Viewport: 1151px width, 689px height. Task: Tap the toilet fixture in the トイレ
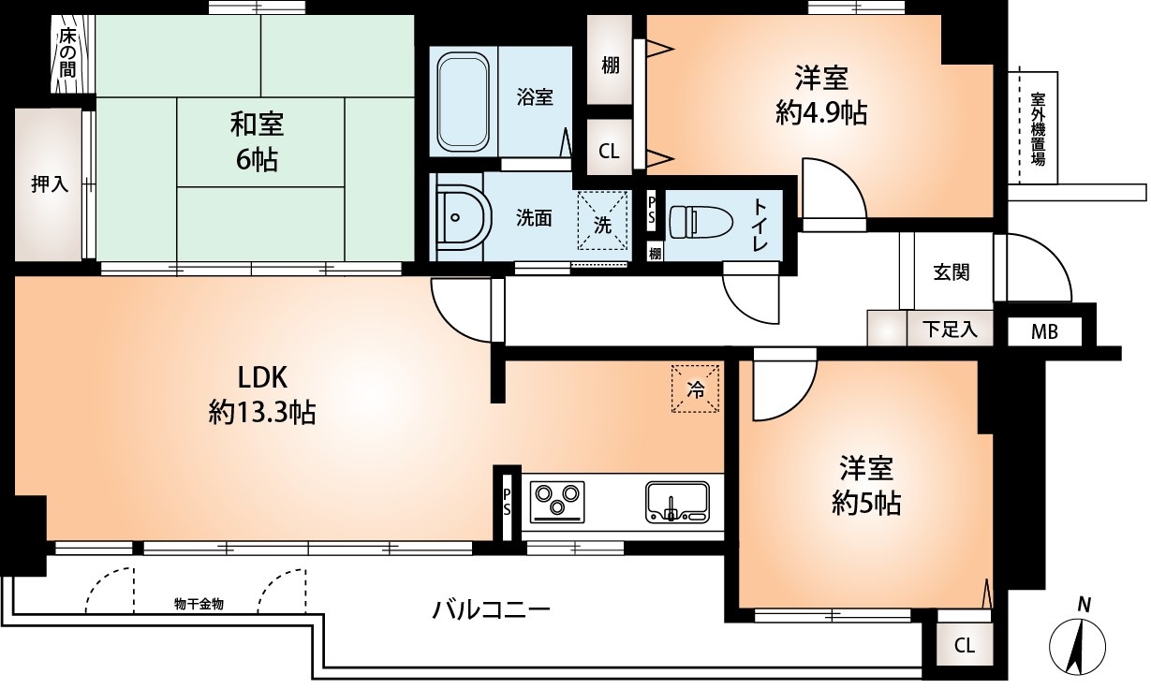coord(699,221)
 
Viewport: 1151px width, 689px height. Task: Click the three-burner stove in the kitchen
coord(557,501)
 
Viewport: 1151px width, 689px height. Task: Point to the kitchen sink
coord(677,502)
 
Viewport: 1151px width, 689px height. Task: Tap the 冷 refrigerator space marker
coord(696,389)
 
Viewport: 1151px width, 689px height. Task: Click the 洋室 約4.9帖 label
coord(820,95)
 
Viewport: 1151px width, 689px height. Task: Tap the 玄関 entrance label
coord(951,272)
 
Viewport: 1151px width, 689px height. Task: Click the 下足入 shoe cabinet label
coord(950,330)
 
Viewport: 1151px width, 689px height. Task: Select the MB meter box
coord(1044,331)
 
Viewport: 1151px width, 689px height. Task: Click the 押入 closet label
coord(50,184)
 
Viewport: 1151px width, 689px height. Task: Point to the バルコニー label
coord(490,610)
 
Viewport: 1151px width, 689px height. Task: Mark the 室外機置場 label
coord(1038,128)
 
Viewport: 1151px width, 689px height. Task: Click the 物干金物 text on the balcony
coord(199,604)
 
